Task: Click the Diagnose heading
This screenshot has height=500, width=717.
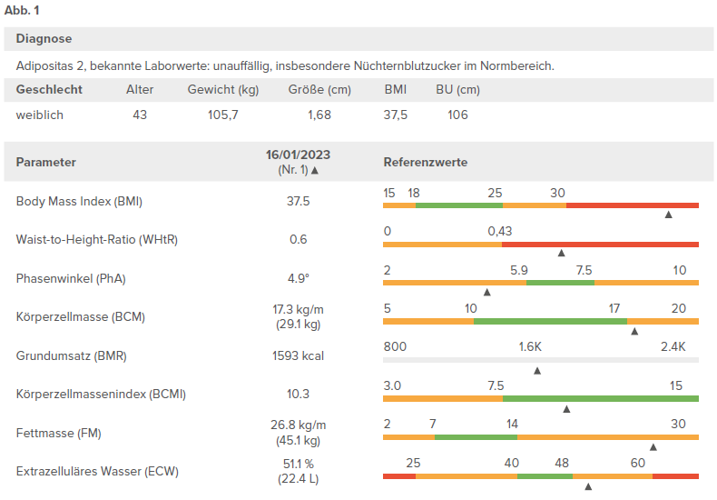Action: (x=44, y=38)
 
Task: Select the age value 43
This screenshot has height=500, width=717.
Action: (x=140, y=115)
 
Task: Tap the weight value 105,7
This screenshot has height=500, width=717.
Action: (x=223, y=115)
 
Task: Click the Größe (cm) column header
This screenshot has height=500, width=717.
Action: (x=319, y=89)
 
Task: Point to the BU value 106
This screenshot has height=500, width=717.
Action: (x=457, y=115)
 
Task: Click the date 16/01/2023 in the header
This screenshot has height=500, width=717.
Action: (x=298, y=155)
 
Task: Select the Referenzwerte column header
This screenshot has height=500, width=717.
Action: (x=426, y=162)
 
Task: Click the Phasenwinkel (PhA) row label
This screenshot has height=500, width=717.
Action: (x=71, y=278)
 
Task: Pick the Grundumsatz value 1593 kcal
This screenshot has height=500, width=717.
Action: (x=298, y=355)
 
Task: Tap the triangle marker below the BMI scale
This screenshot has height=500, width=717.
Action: (x=669, y=215)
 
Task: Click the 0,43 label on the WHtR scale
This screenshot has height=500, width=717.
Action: (x=500, y=231)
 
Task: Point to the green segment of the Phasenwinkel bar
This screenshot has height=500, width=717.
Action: (x=560, y=283)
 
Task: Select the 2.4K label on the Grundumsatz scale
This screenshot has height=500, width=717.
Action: (x=673, y=346)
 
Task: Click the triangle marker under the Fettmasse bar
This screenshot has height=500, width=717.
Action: (x=653, y=447)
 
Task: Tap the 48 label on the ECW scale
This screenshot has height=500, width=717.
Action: (x=562, y=463)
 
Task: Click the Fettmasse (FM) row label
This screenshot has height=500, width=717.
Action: (x=58, y=433)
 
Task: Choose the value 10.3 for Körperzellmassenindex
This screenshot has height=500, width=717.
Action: (x=298, y=394)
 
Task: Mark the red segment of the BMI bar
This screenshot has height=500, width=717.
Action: (x=633, y=205)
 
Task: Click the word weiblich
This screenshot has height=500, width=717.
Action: (x=40, y=115)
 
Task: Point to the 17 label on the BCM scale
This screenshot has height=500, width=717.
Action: (x=614, y=308)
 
